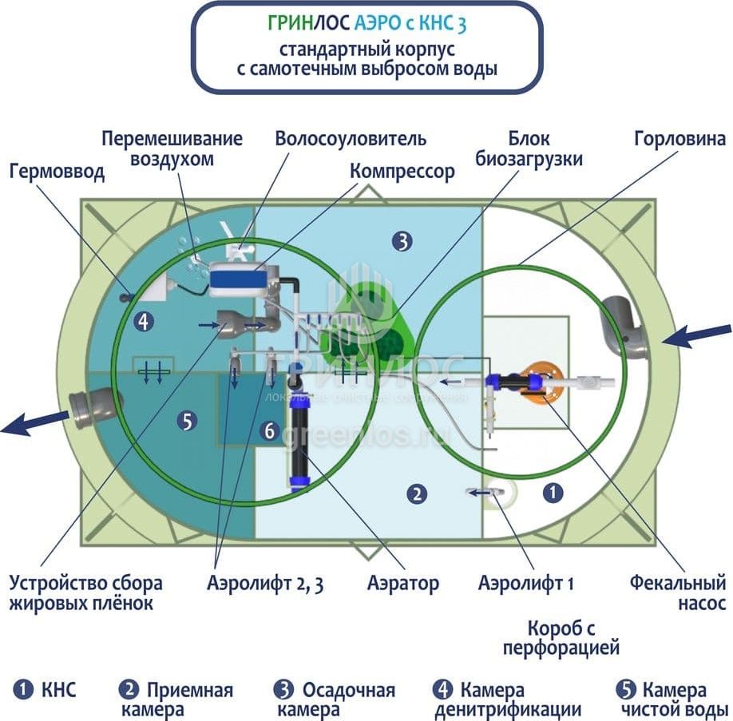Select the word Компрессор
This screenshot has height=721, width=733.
point(402,171)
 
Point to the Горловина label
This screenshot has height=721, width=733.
point(680,139)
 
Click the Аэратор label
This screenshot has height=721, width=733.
point(403,583)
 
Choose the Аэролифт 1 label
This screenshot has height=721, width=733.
point(526,583)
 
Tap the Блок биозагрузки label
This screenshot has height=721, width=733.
point(529,149)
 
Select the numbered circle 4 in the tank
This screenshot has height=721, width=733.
point(144,322)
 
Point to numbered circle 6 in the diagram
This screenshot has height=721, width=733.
point(269,431)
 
